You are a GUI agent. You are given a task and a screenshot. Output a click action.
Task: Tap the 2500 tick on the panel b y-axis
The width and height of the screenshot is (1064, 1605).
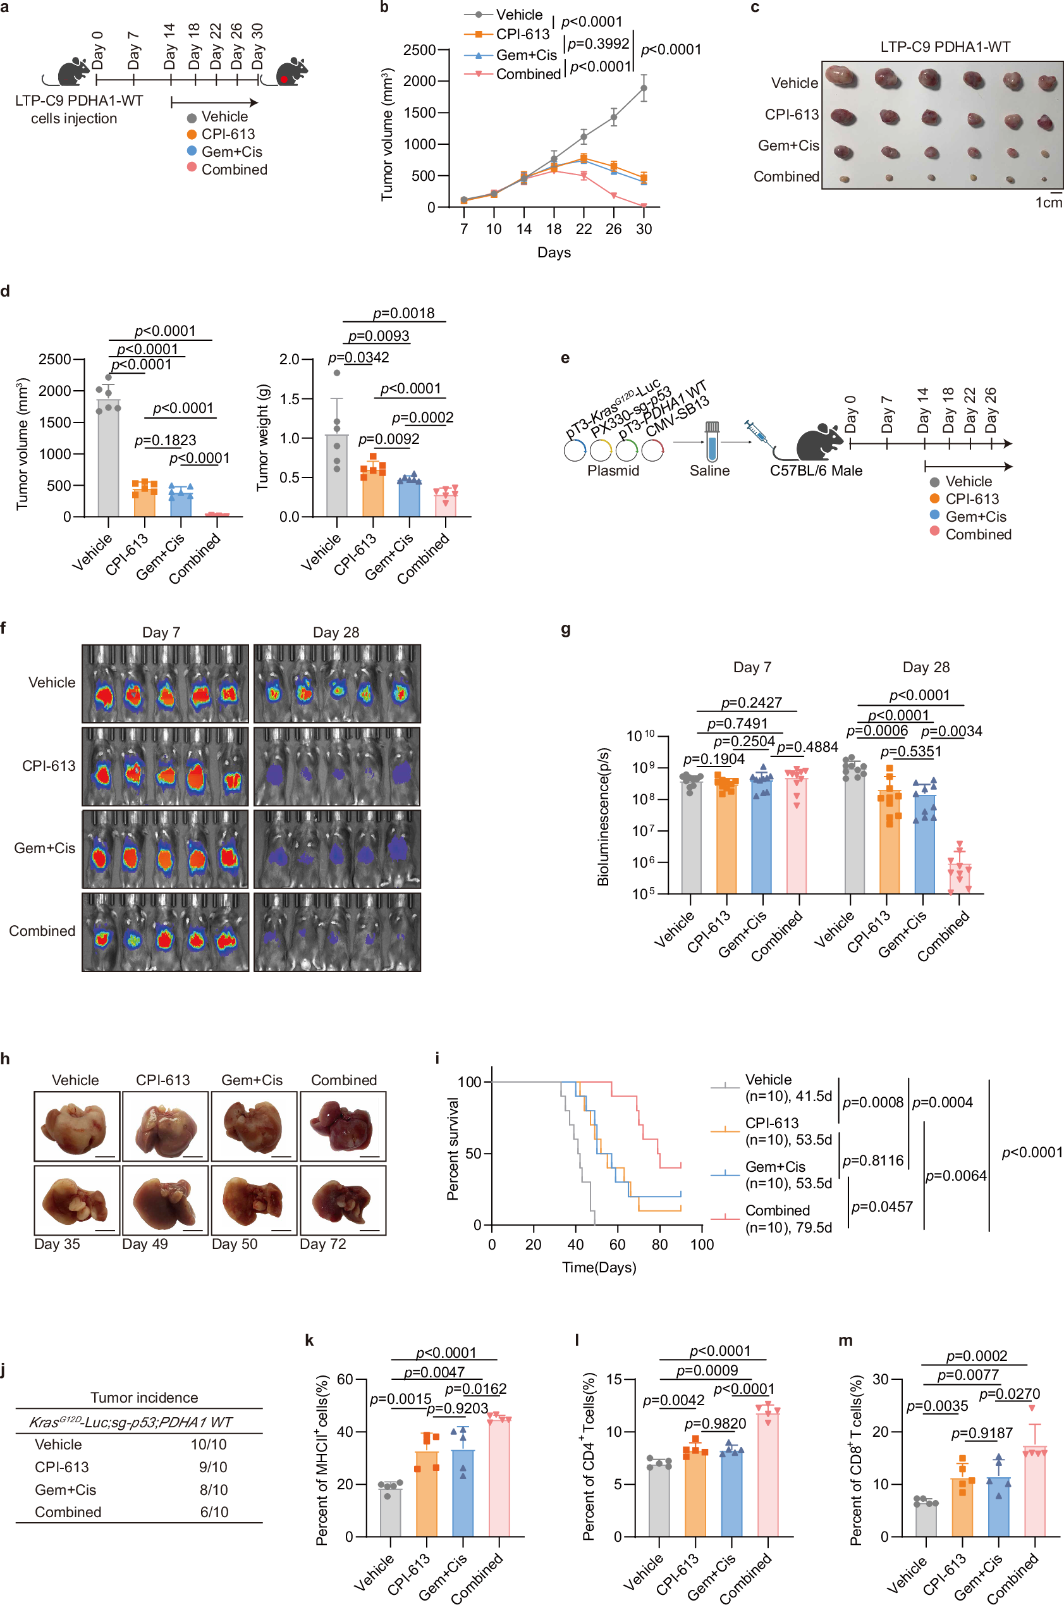[419, 50]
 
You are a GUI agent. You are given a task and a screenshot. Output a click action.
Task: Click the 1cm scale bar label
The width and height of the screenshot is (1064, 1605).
[1048, 202]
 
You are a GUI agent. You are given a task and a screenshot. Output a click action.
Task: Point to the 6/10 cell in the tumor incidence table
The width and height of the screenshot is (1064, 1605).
[214, 1512]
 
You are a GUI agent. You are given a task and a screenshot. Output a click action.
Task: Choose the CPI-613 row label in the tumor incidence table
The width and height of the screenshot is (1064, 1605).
[62, 1467]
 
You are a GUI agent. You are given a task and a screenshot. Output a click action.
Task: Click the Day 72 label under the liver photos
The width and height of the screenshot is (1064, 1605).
[323, 1244]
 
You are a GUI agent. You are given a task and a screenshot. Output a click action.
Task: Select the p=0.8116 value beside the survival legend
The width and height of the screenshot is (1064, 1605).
[872, 1160]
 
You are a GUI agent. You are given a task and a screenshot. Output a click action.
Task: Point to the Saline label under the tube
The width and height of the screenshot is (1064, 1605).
[709, 470]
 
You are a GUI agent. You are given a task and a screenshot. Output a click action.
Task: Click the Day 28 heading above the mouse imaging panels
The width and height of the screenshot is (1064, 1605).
[336, 632]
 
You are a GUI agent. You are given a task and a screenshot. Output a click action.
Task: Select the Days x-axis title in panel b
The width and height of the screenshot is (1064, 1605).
[554, 252]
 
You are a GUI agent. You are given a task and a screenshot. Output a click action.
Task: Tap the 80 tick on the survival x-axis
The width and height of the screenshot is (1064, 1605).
[659, 1245]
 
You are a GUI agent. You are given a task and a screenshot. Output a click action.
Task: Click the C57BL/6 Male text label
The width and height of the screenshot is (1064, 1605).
[816, 470]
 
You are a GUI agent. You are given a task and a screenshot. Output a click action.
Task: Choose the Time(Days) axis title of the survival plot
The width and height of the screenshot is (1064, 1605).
[599, 1267]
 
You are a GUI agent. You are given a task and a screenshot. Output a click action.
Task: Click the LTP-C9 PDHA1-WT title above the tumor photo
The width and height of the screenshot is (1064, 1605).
[945, 47]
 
